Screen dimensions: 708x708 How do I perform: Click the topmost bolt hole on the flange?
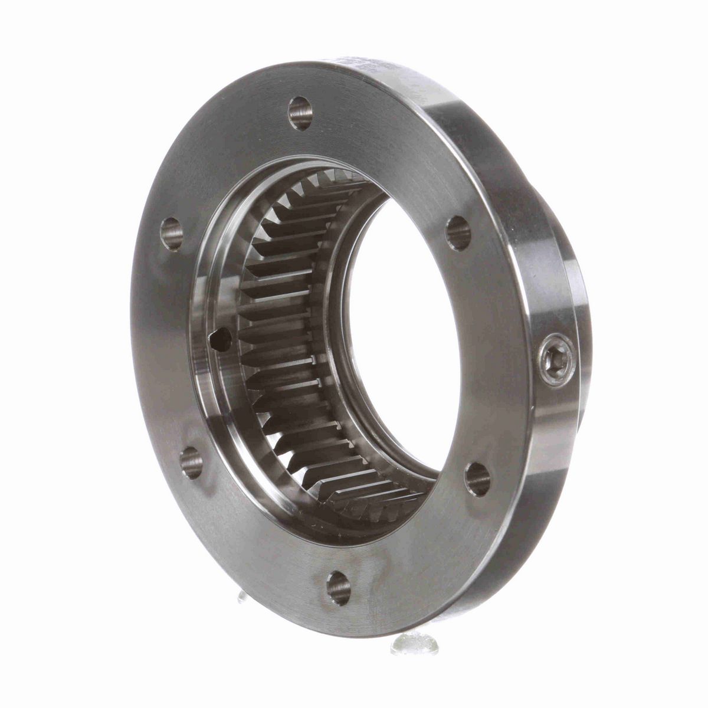pyautogui.click(x=300, y=113)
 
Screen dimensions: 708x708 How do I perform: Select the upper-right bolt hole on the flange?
pyautogui.click(x=458, y=232)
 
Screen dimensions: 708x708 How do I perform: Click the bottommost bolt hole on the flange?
pyautogui.click(x=339, y=588)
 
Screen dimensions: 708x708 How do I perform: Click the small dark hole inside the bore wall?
pyautogui.click(x=218, y=340)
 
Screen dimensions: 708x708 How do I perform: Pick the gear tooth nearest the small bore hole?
pyautogui.click(x=254, y=336)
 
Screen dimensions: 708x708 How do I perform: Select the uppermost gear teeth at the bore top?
pyautogui.click(x=330, y=177)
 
